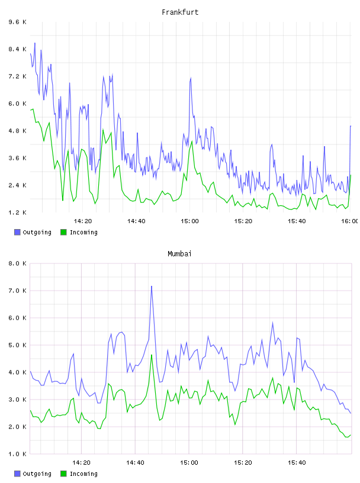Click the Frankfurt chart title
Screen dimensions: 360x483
pos(180,12)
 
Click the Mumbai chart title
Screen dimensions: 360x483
pos(179,254)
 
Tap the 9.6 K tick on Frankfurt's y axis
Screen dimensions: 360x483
pos(18,22)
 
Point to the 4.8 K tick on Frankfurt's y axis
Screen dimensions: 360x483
pos(18,131)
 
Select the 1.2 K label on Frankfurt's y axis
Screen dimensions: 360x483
pos(18,212)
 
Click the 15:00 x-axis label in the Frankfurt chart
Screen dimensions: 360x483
pos(189,221)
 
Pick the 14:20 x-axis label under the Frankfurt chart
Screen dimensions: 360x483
pos(83,221)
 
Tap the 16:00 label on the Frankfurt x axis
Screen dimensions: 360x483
pos(350,221)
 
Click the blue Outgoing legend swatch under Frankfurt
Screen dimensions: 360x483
pos(17,232)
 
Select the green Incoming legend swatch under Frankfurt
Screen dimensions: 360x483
pos(63,232)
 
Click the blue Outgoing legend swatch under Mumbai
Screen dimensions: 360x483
pos(17,474)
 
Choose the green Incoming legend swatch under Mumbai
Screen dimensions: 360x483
pos(63,474)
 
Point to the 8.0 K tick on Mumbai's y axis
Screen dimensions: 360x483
pos(18,263)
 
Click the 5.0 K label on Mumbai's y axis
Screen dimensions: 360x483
pos(18,345)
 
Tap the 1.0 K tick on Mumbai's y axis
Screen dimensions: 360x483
pos(18,454)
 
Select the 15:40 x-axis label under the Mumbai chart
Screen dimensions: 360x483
pos(297,462)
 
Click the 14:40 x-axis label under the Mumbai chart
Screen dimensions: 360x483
pos(135,462)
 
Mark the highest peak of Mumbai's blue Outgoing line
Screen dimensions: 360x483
pos(152,286)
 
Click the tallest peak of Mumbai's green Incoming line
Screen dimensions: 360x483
pos(152,355)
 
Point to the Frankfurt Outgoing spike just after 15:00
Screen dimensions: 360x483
pos(191,78)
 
